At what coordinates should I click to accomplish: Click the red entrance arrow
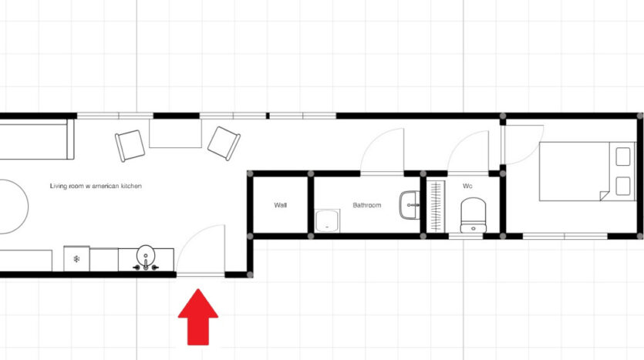[x=198, y=317]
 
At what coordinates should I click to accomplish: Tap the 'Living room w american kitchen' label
[x=96, y=186]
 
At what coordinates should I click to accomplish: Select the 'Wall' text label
[x=280, y=205]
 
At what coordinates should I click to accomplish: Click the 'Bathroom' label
[x=367, y=205]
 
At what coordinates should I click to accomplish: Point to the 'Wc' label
[x=467, y=186]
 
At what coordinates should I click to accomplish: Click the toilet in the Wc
[x=473, y=215]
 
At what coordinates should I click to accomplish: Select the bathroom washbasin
[x=410, y=205]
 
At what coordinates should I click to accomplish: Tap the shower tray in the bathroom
[x=327, y=220]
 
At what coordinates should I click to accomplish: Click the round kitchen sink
[x=146, y=254]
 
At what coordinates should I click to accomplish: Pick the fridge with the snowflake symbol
[x=76, y=258]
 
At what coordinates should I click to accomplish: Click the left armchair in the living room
[x=130, y=146]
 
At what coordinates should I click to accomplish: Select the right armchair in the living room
[x=224, y=143]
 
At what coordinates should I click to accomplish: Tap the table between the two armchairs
[x=175, y=133]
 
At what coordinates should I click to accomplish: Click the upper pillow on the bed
[x=623, y=156]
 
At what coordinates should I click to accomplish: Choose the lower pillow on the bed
[x=623, y=186]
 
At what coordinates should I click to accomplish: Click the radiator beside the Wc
[x=436, y=206]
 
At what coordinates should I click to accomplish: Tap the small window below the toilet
[x=465, y=237]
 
